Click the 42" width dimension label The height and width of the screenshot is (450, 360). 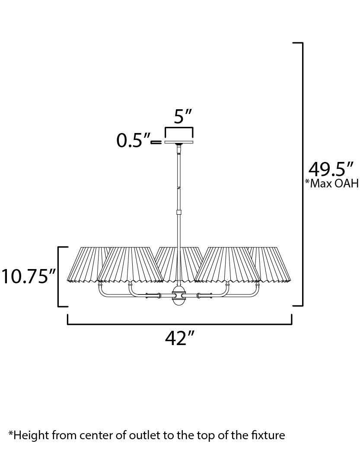(180, 338)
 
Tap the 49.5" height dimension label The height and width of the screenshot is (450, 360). (331, 169)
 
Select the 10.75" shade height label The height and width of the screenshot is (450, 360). (28, 276)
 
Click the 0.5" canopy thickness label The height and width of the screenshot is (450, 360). (133, 140)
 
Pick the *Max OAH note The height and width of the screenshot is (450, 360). (332, 184)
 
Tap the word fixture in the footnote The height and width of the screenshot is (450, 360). (268, 435)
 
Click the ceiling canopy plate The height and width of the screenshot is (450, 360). (179, 142)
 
